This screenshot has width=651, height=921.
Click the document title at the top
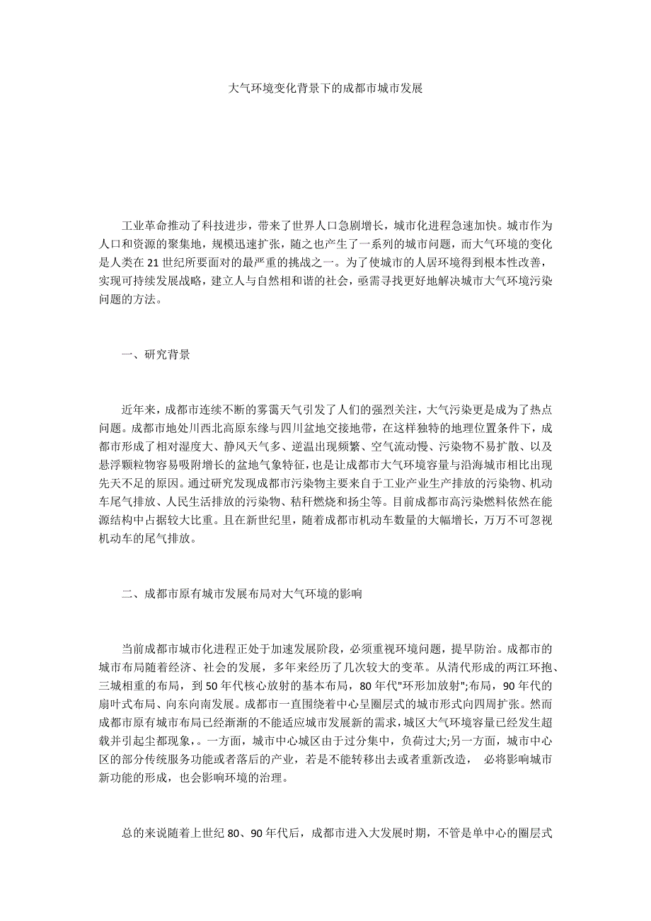(x=326, y=90)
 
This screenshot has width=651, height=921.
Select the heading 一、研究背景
(x=156, y=355)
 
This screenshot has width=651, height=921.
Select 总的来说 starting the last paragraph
(x=144, y=833)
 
